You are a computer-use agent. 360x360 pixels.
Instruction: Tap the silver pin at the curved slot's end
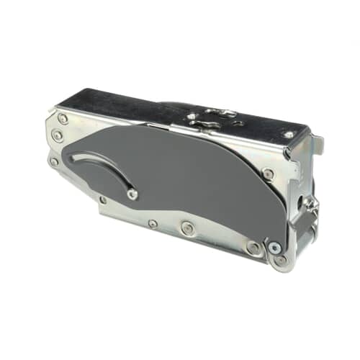pyautogui.click(x=132, y=194)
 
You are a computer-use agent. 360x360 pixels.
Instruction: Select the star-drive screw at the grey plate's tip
pyautogui.click(x=274, y=248)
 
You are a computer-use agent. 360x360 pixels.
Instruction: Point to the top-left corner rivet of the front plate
pyautogui.click(x=63, y=119)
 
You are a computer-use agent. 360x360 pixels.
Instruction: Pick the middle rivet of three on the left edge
pyautogui.click(x=57, y=135)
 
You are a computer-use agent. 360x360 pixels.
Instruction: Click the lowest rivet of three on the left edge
pyautogui.click(x=54, y=161)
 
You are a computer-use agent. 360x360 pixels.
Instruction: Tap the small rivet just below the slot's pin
pyautogui.click(x=103, y=199)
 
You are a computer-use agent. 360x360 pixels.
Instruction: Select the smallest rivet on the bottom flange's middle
pyautogui.click(x=153, y=224)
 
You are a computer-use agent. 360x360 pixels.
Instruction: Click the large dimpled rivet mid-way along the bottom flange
pyautogui.click(x=188, y=229)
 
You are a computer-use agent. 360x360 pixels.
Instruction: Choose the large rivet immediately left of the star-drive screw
pyautogui.click(x=253, y=248)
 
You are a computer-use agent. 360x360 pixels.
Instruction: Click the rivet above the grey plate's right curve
pyautogui.click(x=268, y=174)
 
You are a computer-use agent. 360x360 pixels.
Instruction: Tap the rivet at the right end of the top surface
pyautogui.click(x=288, y=135)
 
